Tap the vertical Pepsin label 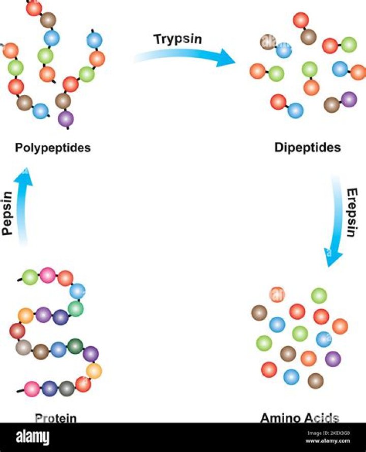[7, 213]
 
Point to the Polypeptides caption [53, 148]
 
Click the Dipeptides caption [308, 148]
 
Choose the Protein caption [56, 418]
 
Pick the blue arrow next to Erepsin [335, 224]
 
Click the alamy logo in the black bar [33, 437]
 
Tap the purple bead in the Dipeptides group [349, 99]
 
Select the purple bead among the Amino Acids [332, 359]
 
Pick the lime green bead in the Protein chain [30, 277]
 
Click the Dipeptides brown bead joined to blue [268, 43]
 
